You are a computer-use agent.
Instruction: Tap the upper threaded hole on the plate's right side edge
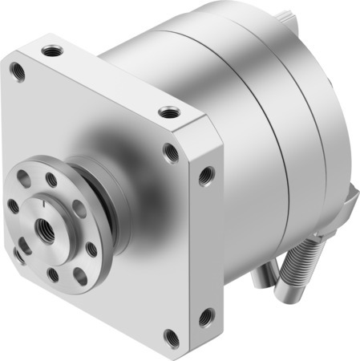tap(206, 171)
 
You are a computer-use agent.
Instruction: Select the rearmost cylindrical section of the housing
tap(325, 120)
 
